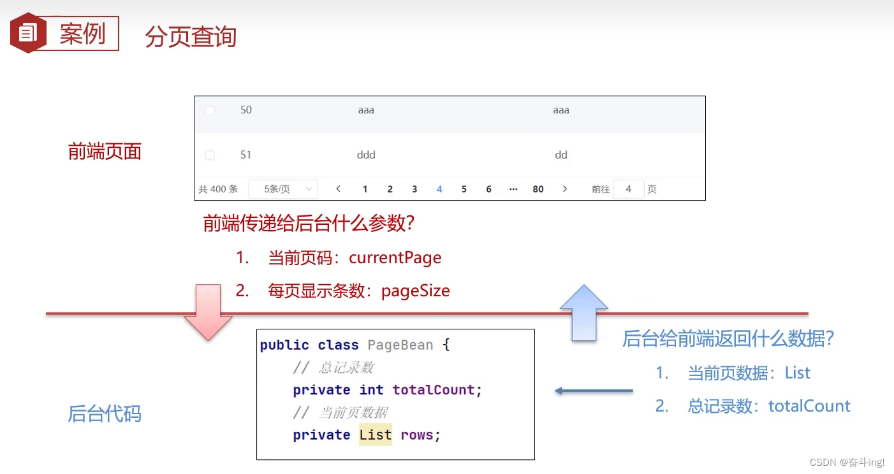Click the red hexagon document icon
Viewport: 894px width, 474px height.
pos(28,32)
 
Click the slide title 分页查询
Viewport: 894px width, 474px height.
pos(191,37)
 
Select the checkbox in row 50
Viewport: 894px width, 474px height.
pos(210,111)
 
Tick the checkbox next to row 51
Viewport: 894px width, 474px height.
pos(210,155)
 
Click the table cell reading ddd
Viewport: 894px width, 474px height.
pos(366,155)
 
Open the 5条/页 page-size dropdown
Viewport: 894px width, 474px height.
pos(282,189)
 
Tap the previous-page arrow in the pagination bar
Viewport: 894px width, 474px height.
pos(339,189)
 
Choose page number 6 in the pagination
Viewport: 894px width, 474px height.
pos(488,189)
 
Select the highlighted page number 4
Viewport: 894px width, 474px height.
pos(439,189)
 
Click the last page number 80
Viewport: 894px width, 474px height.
pos(538,189)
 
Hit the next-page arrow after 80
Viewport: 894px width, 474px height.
pos(565,189)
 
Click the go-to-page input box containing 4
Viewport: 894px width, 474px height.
pos(628,189)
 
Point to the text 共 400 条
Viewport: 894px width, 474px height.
pos(218,189)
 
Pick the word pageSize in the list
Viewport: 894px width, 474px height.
pos(416,291)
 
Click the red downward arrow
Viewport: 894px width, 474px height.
pos(208,312)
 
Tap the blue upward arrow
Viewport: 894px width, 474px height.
pos(583,312)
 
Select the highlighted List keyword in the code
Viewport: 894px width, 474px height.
pos(376,435)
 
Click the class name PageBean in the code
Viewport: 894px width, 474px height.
pos(400,345)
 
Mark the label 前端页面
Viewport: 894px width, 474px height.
pos(105,152)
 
